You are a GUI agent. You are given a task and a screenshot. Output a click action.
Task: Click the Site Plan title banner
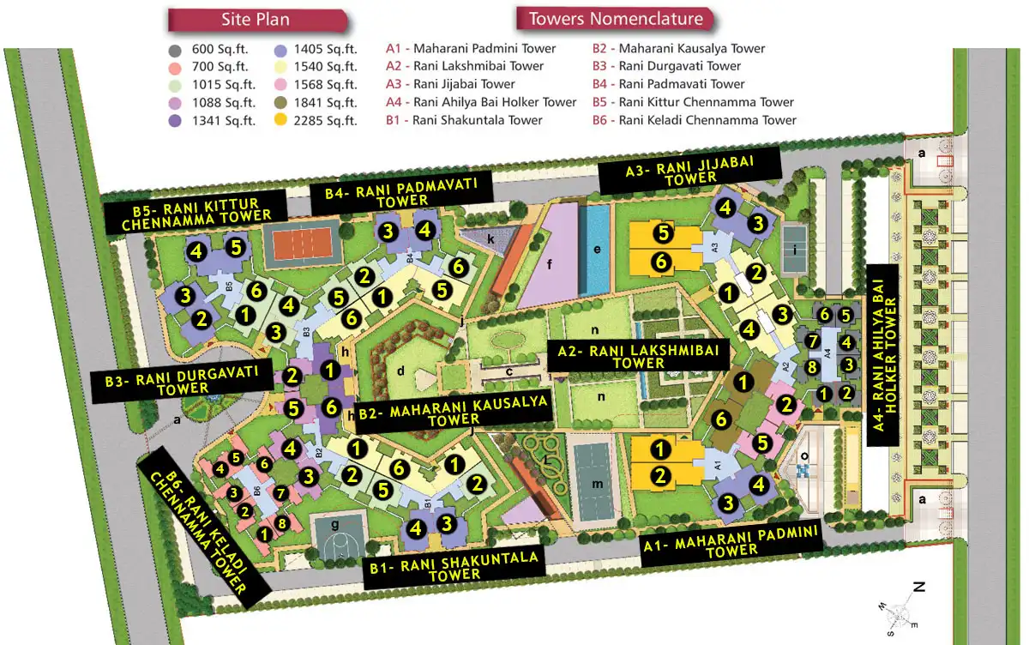click(256, 20)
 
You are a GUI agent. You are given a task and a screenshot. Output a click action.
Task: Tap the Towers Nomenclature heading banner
click(616, 19)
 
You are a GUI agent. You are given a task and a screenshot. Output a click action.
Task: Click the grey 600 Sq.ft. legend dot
click(176, 49)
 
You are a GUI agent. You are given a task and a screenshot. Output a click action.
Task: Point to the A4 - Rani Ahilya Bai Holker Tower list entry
click(481, 102)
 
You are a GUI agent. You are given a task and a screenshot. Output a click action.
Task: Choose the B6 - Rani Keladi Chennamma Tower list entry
click(694, 120)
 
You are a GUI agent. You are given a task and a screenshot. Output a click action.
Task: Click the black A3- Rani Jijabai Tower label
click(689, 170)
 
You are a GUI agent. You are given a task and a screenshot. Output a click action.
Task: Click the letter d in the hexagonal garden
click(400, 371)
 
